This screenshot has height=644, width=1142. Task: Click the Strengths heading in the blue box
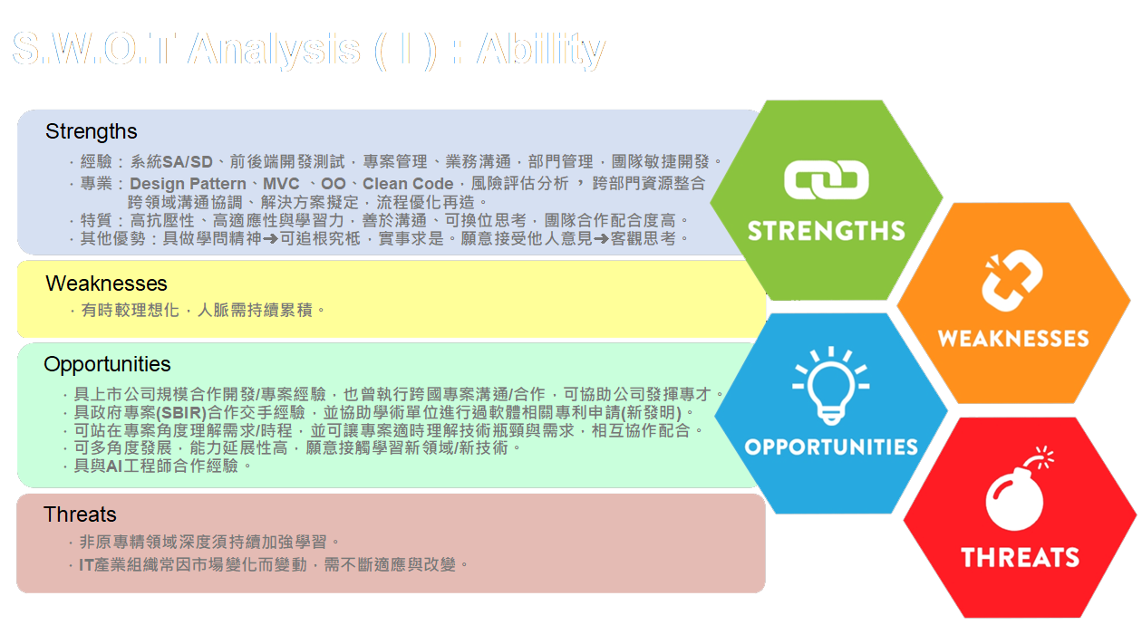coord(92,132)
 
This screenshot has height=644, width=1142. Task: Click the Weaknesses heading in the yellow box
coord(106,284)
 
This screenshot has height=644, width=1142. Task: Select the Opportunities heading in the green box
coord(107,365)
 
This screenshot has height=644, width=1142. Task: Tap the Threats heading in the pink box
coord(80,514)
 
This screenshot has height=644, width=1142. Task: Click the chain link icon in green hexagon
coord(827,180)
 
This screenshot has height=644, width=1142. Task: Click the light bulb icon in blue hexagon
coord(829,384)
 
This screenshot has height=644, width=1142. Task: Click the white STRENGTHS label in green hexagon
coord(827,230)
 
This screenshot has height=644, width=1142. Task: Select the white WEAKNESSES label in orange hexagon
coord(1013,339)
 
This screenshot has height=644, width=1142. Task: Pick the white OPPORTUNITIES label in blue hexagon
coord(831,447)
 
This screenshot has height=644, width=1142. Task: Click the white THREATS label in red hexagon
coord(1021,556)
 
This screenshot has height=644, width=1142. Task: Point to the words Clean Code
coord(408,185)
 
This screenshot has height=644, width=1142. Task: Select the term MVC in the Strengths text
coord(281,185)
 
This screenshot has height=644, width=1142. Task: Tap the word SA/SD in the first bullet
coord(188,162)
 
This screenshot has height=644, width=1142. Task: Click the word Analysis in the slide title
coord(274,50)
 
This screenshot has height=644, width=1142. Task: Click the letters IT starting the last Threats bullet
coord(88,564)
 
